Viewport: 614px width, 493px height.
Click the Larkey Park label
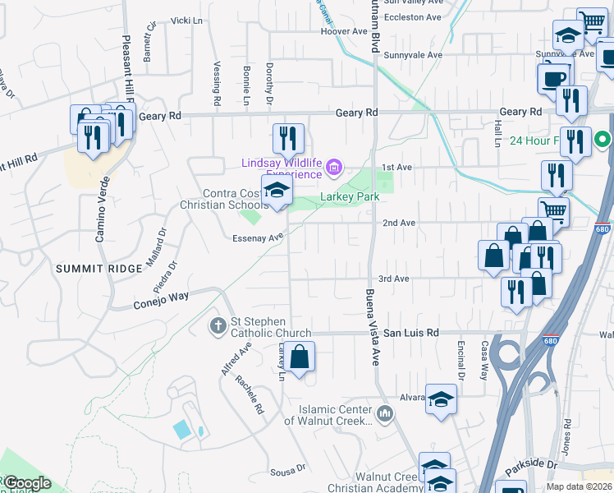[x=350, y=197]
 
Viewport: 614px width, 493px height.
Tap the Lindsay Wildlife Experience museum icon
[x=333, y=169]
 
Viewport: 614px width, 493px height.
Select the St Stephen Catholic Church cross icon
[x=218, y=326]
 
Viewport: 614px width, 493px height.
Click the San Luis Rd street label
[x=411, y=333]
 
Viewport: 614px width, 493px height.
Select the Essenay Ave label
[x=258, y=237]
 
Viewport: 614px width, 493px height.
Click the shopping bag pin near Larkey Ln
[x=300, y=357]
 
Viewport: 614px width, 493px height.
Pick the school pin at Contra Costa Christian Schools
[x=277, y=191]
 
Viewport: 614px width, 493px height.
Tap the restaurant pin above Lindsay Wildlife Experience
[x=287, y=138]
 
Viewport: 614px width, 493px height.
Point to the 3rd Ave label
[x=393, y=279]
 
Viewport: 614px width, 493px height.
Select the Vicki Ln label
[x=186, y=20]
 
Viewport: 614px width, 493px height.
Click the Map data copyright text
[x=579, y=486]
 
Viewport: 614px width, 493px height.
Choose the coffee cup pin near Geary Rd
[x=553, y=78]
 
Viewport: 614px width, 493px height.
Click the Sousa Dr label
[x=288, y=473]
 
